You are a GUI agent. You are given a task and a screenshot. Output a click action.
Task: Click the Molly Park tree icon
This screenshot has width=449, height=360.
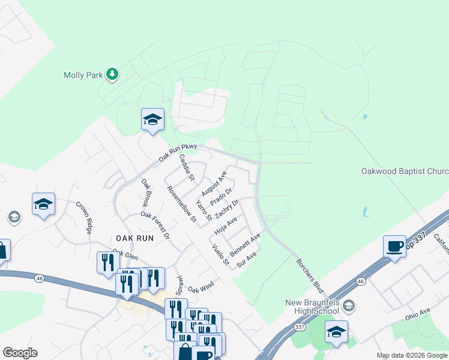[x=112, y=74]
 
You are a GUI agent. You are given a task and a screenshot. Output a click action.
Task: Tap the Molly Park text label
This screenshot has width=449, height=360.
[x=83, y=75]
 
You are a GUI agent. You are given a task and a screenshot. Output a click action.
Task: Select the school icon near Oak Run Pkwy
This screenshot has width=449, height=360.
[x=152, y=119]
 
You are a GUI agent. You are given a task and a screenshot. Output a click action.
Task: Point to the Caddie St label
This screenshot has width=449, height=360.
[x=187, y=167]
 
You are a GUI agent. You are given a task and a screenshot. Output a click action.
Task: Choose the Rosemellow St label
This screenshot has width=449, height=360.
[x=182, y=203]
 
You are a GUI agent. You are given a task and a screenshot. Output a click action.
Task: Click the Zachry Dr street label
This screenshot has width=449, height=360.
[x=227, y=209]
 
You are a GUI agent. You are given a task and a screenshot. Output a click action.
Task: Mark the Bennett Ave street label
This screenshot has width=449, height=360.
[x=245, y=245]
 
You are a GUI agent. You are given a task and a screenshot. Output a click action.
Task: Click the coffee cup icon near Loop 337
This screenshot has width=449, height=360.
[x=395, y=247]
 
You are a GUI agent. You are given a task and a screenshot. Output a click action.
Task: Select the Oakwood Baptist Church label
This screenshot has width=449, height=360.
[x=405, y=171]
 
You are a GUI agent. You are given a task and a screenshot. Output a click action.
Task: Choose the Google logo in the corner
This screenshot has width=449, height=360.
[x=20, y=353]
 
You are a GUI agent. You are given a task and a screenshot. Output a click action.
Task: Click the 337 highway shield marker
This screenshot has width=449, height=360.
[x=300, y=327]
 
